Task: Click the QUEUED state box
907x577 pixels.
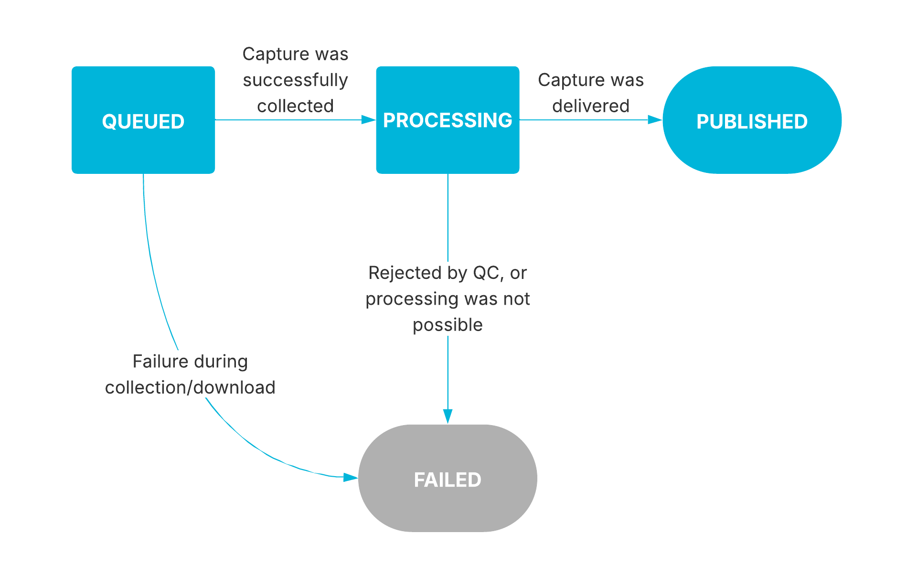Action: pos(143,120)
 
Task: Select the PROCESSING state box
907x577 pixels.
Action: pos(448,120)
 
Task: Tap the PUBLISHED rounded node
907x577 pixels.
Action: pos(752,120)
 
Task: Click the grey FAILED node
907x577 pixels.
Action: pos(448,478)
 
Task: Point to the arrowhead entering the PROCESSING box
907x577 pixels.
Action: pos(369,120)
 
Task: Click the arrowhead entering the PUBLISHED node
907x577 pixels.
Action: pos(655,120)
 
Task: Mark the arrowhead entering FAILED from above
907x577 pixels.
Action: pos(448,416)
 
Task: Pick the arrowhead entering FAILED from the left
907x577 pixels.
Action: pos(351,477)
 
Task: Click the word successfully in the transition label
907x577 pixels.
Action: pos(295,80)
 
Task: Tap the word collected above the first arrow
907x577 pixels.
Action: pos(295,106)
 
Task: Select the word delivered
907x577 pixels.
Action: pos(591,106)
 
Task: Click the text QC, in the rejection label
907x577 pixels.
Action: pos(489,273)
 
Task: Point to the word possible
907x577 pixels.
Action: pos(448,325)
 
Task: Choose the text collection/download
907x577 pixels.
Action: pos(190,387)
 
